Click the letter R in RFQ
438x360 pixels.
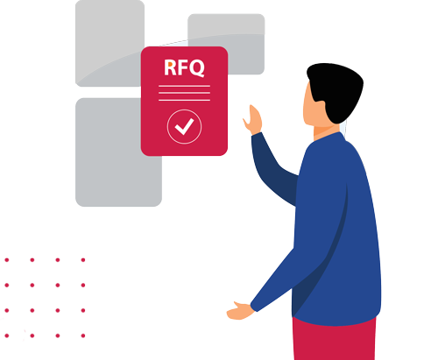170,67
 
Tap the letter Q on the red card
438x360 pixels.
195,68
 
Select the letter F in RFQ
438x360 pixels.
180,67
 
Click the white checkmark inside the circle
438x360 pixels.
184,126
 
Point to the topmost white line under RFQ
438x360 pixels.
184,86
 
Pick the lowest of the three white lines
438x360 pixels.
184,100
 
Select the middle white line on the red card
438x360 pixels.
184,93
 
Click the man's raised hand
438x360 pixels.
253,120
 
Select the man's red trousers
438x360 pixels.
335,340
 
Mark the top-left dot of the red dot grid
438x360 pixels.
7,260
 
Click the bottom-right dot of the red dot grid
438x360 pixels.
83,335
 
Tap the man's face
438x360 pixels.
310,108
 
